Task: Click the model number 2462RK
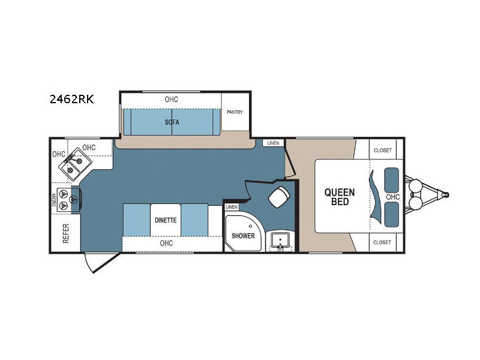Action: click(x=71, y=99)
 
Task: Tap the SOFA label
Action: click(x=172, y=122)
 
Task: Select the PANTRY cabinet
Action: click(x=235, y=112)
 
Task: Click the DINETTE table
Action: click(x=166, y=220)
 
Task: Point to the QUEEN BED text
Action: click(x=340, y=197)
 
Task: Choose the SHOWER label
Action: click(x=243, y=236)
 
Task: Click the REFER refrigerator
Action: click(x=66, y=233)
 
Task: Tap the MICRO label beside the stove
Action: click(x=54, y=200)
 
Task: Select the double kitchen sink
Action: click(x=76, y=164)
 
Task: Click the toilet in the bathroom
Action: click(x=278, y=197)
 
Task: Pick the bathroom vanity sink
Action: click(x=280, y=240)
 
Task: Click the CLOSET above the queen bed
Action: click(x=383, y=151)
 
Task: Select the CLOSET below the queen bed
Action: click(x=382, y=242)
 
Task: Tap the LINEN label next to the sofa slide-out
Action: click(x=273, y=143)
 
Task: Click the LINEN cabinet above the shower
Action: click(x=232, y=207)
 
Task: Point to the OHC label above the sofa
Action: click(x=171, y=100)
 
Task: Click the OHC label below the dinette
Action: click(x=166, y=243)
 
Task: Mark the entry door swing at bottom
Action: click(x=101, y=263)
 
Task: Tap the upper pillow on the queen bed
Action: click(x=392, y=180)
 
